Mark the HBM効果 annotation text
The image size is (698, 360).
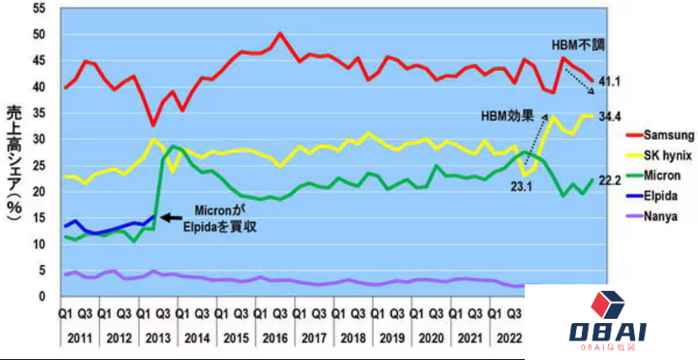pos(507,114)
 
